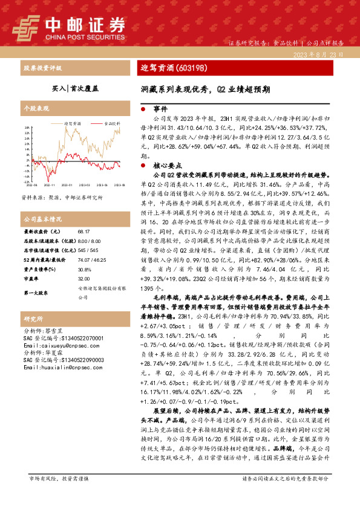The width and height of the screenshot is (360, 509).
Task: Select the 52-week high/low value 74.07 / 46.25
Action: point(89,259)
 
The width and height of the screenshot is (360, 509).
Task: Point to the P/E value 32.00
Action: point(83,279)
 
